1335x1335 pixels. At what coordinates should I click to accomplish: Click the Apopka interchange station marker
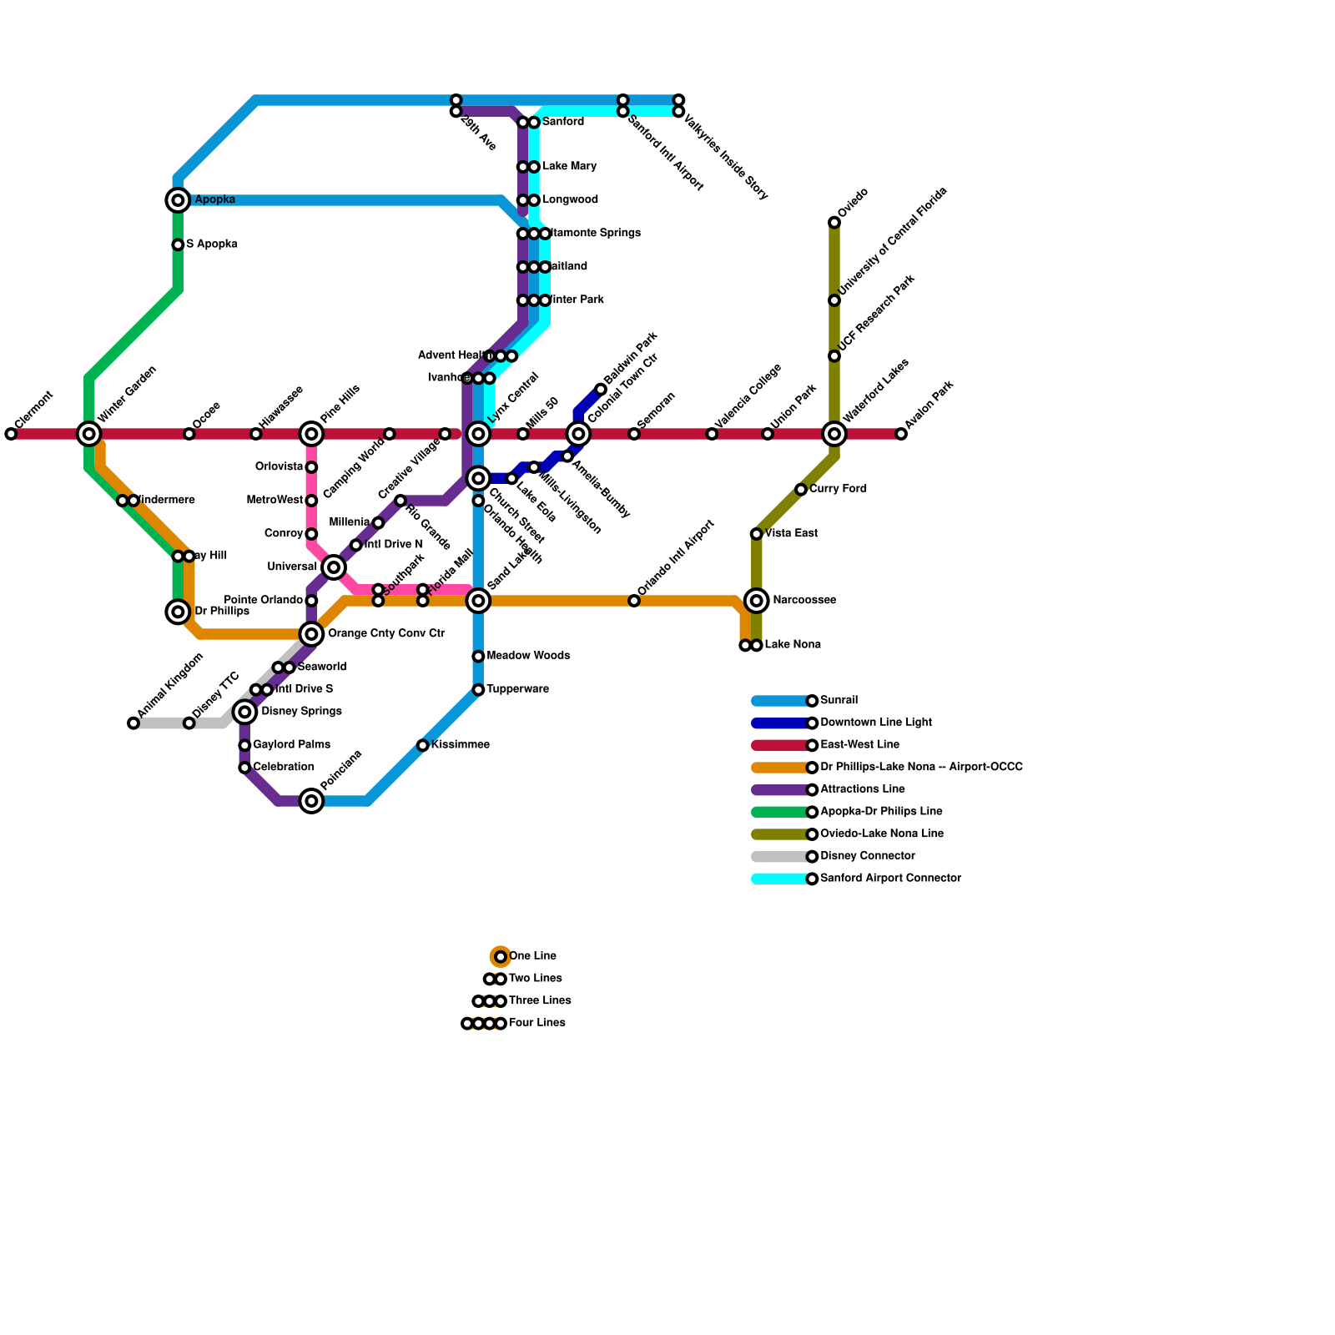click(178, 200)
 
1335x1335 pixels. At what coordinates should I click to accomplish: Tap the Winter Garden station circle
click(89, 434)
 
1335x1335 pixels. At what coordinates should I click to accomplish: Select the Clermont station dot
click(11, 434)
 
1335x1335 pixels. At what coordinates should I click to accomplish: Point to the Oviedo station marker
click(834, 222)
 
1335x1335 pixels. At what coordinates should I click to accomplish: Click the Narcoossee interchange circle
click(757, 601)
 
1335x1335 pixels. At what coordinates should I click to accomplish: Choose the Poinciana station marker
click(311, 801)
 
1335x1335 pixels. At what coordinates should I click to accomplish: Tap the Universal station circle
click(334, 567)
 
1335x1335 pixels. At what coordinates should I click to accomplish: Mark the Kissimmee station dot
click(423, 745)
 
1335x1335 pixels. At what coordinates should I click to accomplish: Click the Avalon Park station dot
click(901, 434)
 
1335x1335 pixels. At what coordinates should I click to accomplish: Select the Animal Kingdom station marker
click(133, 723)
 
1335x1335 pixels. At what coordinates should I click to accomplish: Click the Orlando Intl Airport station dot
click(634, 601)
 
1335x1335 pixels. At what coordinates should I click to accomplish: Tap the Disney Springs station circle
click(244, 712)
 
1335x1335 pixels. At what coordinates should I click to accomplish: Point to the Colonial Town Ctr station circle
click(578, 434)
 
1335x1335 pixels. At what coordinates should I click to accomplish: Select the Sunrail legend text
click(839, 701)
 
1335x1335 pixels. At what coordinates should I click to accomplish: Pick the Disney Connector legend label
click(867, 856)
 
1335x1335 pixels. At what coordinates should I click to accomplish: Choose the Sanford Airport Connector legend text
click(890, 879)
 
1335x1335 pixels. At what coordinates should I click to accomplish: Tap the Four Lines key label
click(537, 1023)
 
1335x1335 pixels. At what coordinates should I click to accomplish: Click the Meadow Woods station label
click(528, 656)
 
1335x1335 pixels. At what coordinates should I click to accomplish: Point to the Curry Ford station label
click(838, 489)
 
